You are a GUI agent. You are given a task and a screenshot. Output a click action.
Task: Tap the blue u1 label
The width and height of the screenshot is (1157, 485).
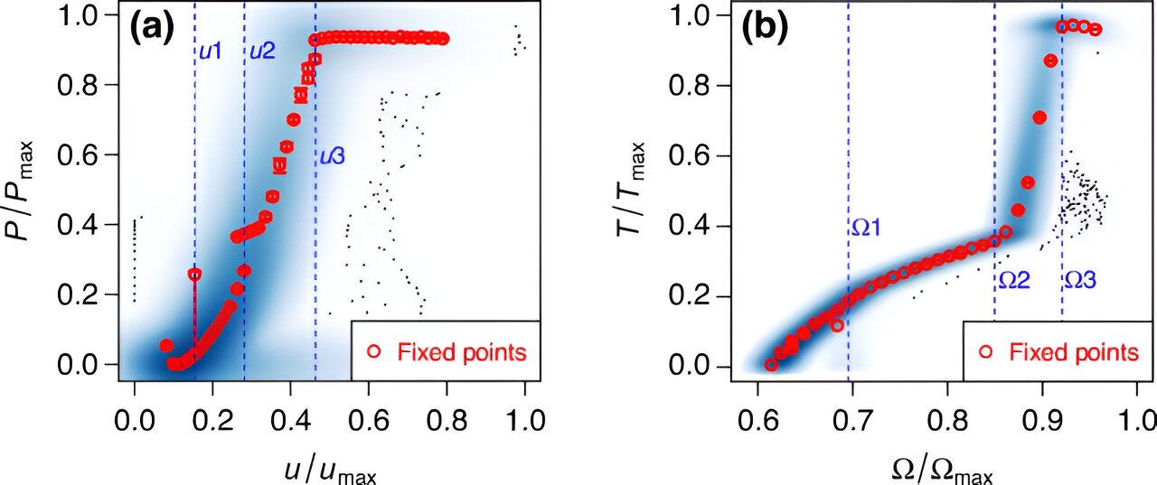click(210, 51)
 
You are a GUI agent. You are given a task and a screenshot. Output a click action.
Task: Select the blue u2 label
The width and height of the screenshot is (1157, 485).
click(262, 51)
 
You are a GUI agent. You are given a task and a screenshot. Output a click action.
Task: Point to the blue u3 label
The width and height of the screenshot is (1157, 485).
click(332, 156)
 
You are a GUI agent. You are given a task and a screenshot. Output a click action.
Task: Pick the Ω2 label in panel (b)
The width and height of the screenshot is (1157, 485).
click(1014, 281)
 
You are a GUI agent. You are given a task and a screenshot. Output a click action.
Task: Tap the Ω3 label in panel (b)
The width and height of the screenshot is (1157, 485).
click(1079, 281)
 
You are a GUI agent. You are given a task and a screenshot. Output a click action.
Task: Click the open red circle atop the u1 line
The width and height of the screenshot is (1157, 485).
click(194, 274)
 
